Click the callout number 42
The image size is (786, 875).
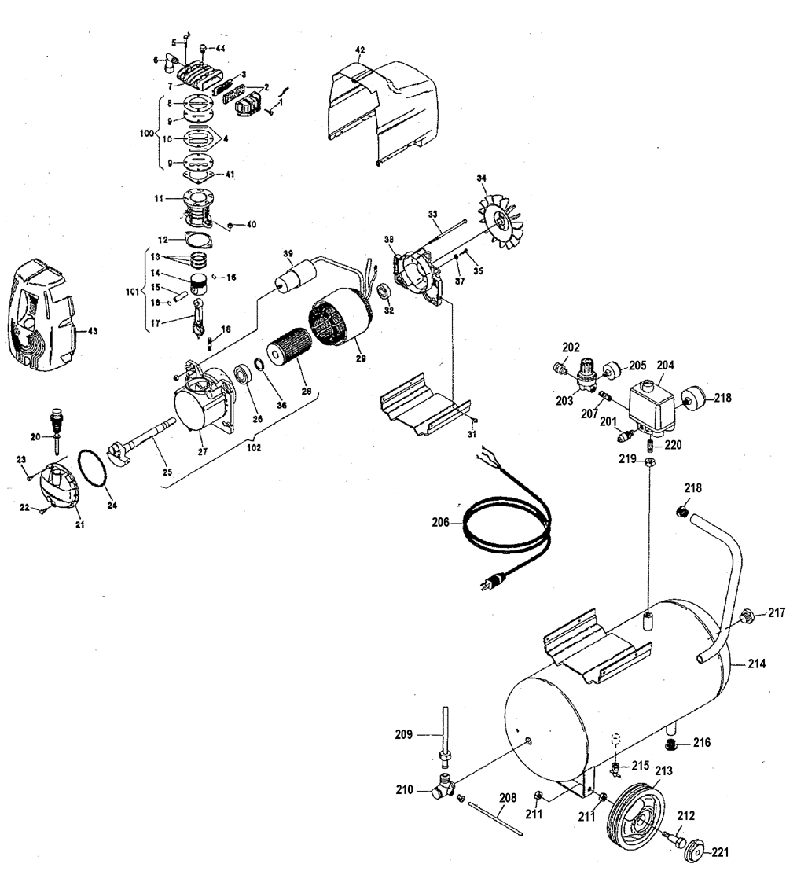(x=361, y=50)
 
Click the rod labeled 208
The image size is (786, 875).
(x=494, y=817)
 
